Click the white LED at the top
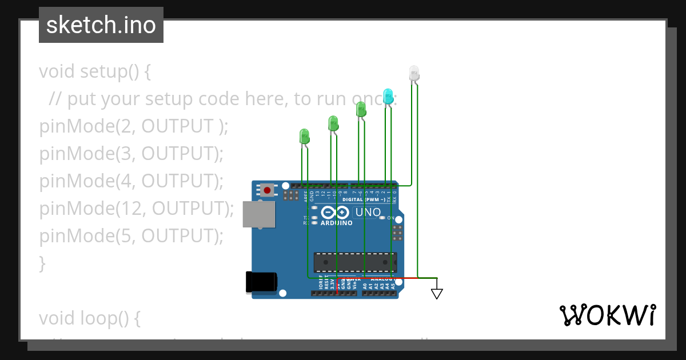point(414,73)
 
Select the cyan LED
point(388,96)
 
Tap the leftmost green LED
point(304,136)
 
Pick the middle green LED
point(333,122)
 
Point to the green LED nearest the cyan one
point(361,109)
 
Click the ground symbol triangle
point(437,294)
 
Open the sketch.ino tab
point(101,25)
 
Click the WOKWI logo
point(607,315)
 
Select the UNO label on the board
point(368,213)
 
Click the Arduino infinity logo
point(335,213)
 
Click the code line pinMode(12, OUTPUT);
point(137,209)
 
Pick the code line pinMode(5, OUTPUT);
point(131,236)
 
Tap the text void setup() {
point(95,71)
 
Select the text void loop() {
point(90,318)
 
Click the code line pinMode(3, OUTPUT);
point(131,154)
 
